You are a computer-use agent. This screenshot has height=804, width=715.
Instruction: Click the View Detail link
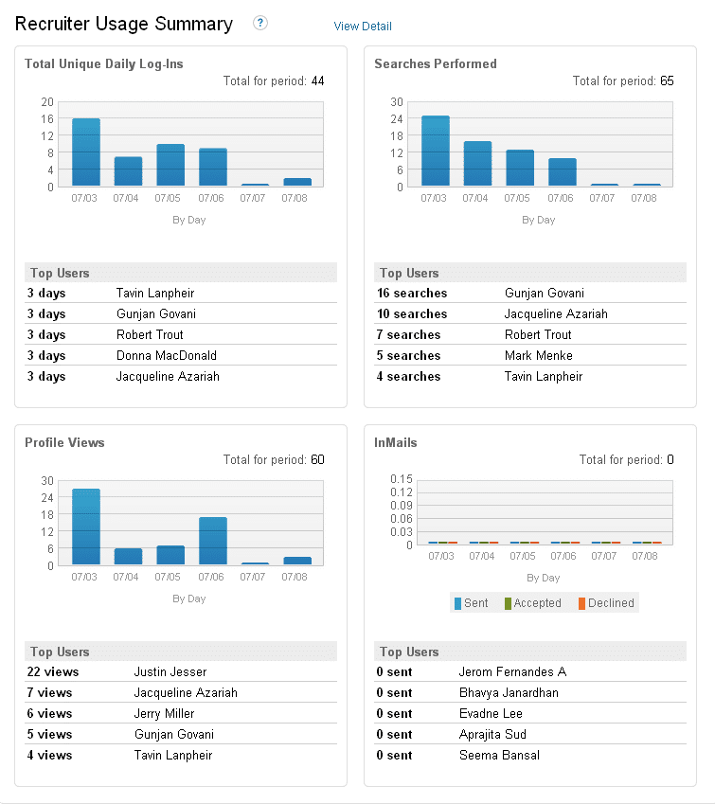pyautogui.click(x=363, y=27)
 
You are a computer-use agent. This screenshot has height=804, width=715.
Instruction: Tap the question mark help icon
pyautogui.click(x=260, y=23)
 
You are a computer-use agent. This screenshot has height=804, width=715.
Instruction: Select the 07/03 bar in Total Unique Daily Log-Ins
pyautogui.click(x=86, y=152)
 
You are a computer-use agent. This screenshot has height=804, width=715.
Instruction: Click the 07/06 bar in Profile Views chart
pyautogui.click(x=213, y=541)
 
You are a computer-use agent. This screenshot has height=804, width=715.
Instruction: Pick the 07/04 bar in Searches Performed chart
pyautogui.click(x=477, y=164)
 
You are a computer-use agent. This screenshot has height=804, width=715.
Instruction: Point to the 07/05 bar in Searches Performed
pyautogui.click(x=520, y=168)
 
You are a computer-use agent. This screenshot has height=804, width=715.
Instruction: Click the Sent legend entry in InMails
pyautogui.click(x=472, y=603)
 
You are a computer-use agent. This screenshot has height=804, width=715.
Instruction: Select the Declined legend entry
pyautogui.click(x=606, y=603)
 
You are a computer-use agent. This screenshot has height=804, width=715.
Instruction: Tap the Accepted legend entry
pyautogui.click(x=533, y=603)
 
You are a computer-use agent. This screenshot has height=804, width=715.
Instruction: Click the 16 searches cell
pyautogui.click(x=412, y=294)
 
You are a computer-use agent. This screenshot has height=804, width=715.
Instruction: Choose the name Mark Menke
pyautogui.click(x=539, y=356)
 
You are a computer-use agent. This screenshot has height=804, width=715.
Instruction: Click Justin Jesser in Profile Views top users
pyautogui.click(x=170, y=672)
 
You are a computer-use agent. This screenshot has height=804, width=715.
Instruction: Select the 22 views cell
pyautogui.click(x=53, y=672)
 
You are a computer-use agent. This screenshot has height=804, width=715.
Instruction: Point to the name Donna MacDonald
pyautogui.click(x=167, y=356)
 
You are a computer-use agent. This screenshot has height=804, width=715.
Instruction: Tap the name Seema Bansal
pyautogui.click(x=500, y=756)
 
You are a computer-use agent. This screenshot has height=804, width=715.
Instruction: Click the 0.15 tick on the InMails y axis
pyautogui.click(x=402, y=479)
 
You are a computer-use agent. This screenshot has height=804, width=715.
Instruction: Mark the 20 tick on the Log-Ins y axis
pyautogui.click(x=47, y=102)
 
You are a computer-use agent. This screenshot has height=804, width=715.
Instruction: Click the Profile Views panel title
pyautogui.click(x=64, y=442)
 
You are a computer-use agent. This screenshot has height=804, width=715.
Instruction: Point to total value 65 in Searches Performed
pyautogui.click(x=667, y=81)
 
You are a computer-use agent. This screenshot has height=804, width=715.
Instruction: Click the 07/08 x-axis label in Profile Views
pyautogui.click(x=295, y=577)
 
